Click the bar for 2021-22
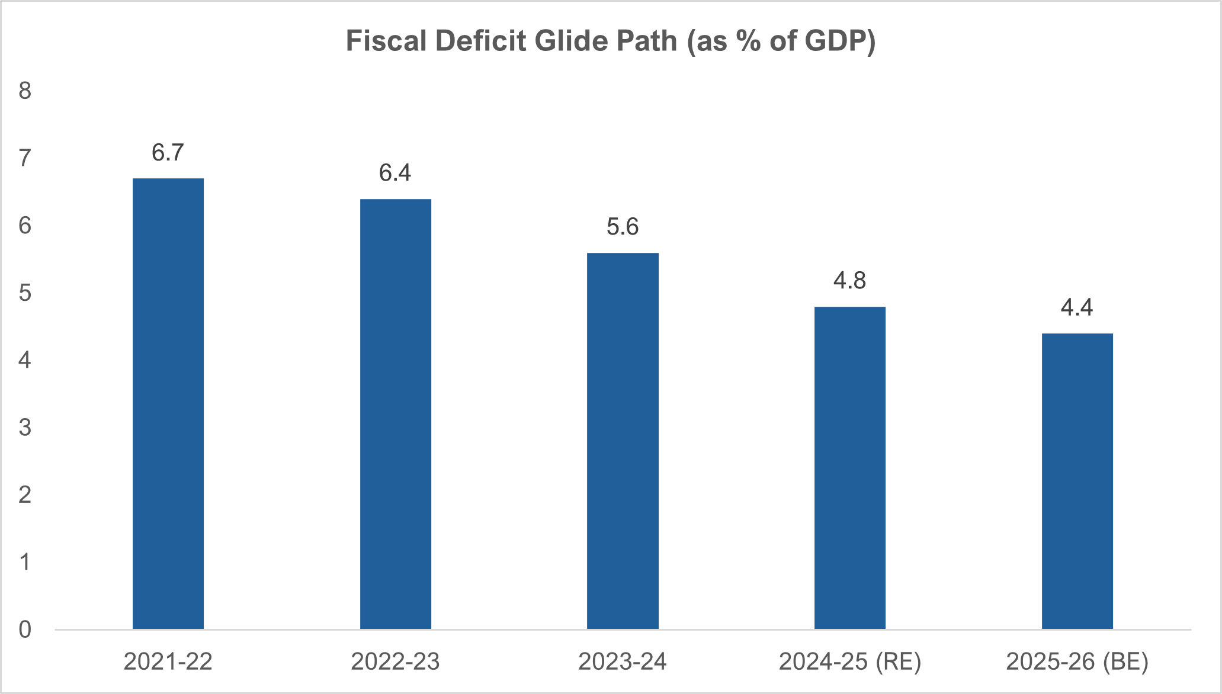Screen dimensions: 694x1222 point(168,403)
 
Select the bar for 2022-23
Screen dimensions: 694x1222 point(396,414)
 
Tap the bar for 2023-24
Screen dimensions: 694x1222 point(623,441)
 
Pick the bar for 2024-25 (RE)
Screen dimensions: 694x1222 point(850,468)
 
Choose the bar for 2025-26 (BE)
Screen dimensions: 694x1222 point(1077,481)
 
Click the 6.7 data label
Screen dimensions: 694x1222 point(168,153)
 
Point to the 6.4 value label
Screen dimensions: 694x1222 point(395,173)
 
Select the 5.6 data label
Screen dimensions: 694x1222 point(623,227)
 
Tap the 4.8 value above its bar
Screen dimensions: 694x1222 point(850,281)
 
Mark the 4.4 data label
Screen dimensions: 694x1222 point(1077,307)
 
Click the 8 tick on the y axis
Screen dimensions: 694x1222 point(25,91)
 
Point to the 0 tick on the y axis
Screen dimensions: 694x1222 point(25,629)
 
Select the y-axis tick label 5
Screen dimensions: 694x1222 point(25,293)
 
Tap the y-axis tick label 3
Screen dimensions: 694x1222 point(25,428)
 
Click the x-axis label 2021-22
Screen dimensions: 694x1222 point(168,661)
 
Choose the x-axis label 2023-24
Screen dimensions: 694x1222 point(623,661)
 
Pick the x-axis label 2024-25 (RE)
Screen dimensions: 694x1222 point(850,661)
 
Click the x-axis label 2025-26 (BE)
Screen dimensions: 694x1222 point(1077,661)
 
